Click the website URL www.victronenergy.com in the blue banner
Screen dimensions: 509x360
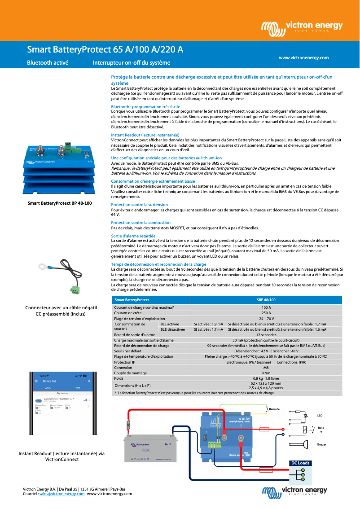(x=303, y=58)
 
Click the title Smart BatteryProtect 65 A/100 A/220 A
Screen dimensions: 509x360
(x=105, y=49)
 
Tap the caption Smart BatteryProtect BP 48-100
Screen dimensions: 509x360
(x=60, y=203)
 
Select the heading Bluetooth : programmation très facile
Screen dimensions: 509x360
(x=145, y=107)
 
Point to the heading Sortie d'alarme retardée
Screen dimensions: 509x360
(x=133, y=236)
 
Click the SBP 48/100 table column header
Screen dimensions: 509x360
(x=266, y=299)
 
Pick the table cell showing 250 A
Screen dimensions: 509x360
(x=266, y=313)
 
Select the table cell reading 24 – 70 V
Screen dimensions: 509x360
(x=266, y=318)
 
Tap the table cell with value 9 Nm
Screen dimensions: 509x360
(x=266, y=373)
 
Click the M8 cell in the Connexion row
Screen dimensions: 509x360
(x=266, y=368)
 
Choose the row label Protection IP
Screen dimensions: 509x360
(x=124, y=362)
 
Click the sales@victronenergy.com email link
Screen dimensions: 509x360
(x=62, y=494)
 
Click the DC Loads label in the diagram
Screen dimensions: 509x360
(x=300, y=463)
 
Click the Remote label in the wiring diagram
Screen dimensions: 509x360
(x=274, y=409)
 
